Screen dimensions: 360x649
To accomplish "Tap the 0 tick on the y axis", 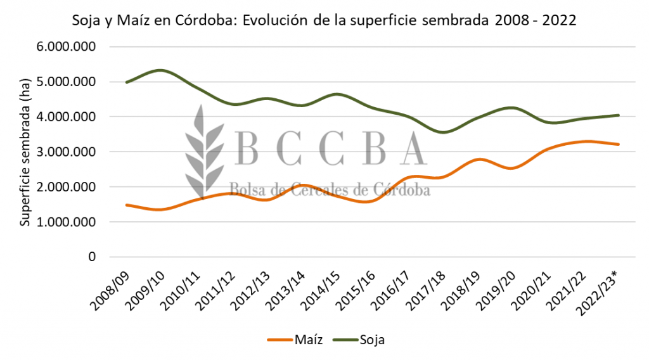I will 92,257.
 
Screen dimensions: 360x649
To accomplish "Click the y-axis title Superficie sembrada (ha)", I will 25,152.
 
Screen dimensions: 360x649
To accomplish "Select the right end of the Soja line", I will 617,115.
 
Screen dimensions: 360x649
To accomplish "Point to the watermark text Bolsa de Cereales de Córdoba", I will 329,188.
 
